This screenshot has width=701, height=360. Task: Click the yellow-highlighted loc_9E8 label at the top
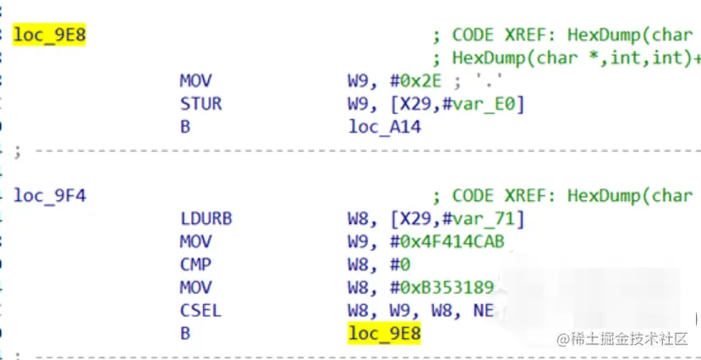coord(50,35)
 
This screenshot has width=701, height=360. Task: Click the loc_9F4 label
coord(50,196)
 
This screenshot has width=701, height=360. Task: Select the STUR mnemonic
coord(200,104)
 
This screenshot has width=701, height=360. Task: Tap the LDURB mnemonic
coord(205,219)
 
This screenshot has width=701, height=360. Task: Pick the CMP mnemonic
coord(195,265)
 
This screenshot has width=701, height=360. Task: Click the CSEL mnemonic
coord(200,311)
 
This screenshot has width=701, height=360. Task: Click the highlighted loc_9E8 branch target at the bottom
coord(385,334)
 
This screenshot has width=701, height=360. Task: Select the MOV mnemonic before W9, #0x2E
coord(195,81)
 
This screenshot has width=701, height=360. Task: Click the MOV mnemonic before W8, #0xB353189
coord(195,288)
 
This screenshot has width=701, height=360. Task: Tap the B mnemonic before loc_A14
coord(185,128)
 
